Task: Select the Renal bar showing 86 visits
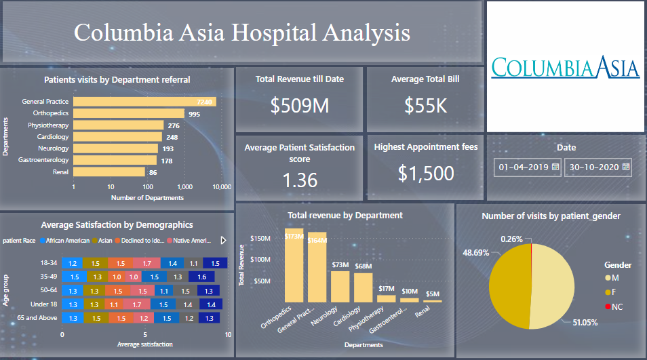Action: tap(109, 172)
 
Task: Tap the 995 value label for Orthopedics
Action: tap(195, 114)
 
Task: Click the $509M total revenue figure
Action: tap(299, 106)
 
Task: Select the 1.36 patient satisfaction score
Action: tap(299, 180)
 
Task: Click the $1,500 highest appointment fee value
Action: tap(426, 174)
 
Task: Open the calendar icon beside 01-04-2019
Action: tap(555, 166)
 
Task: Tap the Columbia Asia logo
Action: tap(565, 67)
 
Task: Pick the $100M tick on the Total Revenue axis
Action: tap(261, 260)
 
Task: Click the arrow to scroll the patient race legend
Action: tap(224, 240)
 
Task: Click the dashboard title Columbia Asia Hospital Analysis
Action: tap(241, 33)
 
